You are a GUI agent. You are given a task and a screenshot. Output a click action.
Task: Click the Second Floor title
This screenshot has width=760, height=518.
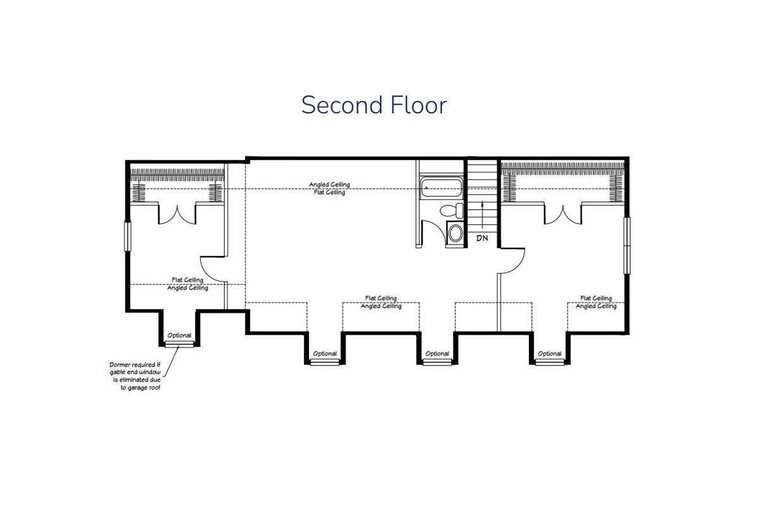pyautogui.click(x=374, y=105)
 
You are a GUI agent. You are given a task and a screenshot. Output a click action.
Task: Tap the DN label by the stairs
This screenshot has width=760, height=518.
pyautogui.click(x=482, y=238)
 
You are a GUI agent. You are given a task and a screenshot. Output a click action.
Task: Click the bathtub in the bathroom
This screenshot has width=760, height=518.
pyautogui.click(x=441, y=187)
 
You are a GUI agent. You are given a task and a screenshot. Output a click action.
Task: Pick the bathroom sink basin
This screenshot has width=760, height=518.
pyautogui.click(x=455, y=234)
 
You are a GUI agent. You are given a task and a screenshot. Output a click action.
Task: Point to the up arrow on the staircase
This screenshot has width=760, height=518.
pyautogui.click(x=482, y=215)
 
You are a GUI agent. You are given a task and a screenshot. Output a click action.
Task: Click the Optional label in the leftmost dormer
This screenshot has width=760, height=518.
pyautogui.click(x=179, y=336)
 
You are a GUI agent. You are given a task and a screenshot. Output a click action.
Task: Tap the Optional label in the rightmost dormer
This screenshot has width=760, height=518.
pyautogui.click(x=550, y=353)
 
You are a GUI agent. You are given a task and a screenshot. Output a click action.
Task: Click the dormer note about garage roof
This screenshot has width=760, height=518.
pyautogui.click(x=135, y=376)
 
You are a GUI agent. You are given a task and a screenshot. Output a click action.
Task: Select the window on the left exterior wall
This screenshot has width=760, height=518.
pyautogui.click(x=127, y=236)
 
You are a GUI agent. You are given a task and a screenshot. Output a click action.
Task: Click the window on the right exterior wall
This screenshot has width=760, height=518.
pyautogui.click(x=627, y=246)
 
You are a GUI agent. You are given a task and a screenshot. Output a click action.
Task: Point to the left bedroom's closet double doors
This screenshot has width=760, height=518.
pyautogui.click(x=177, y=215)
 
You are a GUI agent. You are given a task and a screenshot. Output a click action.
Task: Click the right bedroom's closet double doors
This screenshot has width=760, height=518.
pyautogui.click(x=563, y=215)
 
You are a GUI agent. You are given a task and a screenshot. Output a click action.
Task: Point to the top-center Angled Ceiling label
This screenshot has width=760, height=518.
pyautogui.click(x=329, y=184)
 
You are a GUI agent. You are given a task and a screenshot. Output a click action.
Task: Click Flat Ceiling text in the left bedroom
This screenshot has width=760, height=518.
pyautogui.click(x=187, y=280)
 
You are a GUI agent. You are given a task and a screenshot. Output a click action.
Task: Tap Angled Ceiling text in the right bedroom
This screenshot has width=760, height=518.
pyautogui.click(x=596, y=306)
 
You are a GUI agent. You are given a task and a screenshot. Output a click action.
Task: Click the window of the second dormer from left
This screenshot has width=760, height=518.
pyautogui.click(x=325, y=362)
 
